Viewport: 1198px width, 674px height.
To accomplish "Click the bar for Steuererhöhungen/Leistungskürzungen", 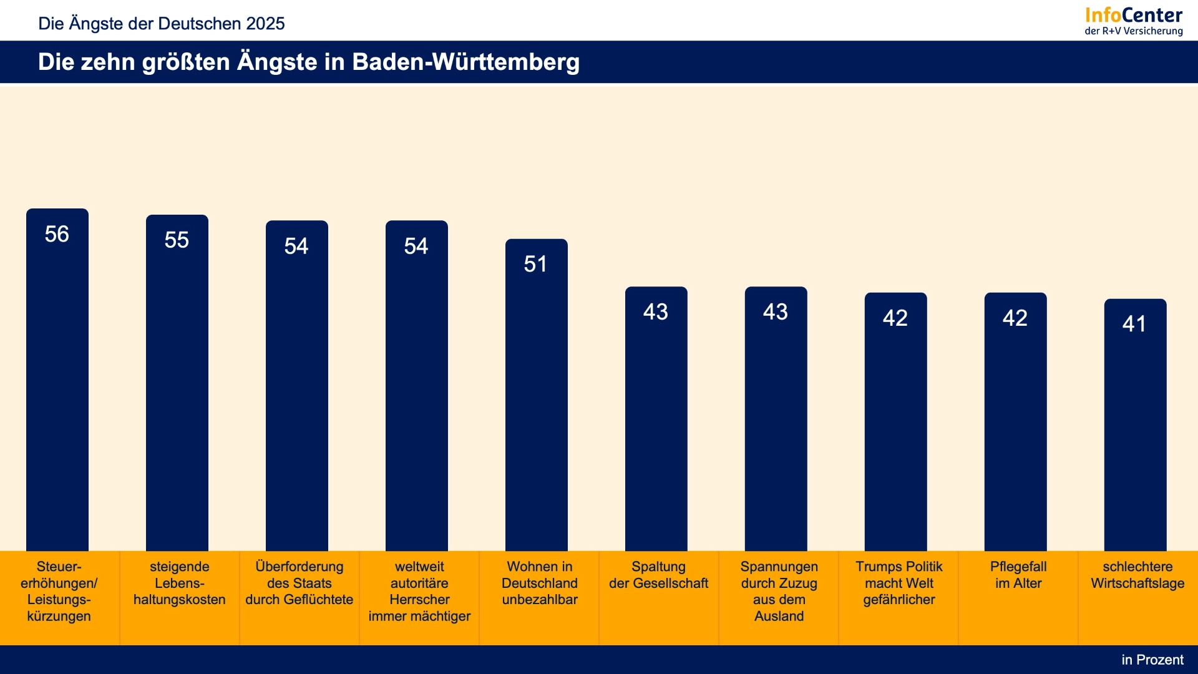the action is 57,379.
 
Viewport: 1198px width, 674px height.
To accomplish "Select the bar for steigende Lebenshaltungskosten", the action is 177,383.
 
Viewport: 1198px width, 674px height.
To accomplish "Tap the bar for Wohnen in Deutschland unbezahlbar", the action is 537,394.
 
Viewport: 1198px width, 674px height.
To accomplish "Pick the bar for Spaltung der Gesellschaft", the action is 656,419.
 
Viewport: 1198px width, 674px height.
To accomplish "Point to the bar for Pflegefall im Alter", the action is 1016,422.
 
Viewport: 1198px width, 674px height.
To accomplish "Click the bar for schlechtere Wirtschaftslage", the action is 1136,425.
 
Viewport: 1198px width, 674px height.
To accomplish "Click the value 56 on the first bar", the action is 57,234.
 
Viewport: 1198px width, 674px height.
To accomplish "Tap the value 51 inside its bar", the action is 535,264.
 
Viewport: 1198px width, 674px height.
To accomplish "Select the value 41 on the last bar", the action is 1134,324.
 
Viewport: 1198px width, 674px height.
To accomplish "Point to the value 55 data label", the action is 177,240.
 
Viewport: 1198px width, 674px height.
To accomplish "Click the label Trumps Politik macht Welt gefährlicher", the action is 899,583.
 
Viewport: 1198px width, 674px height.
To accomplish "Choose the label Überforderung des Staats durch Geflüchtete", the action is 299,583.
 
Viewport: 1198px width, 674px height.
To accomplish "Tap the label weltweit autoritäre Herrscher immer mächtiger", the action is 419,591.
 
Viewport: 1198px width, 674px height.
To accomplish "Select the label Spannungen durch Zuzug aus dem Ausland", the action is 779,591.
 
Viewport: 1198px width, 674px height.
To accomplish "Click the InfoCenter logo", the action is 1134,21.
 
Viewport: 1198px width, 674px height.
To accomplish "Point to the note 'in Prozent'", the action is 1152,660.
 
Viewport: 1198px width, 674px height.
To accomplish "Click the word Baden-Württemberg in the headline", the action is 466,62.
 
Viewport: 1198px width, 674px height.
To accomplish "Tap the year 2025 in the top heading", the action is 265,24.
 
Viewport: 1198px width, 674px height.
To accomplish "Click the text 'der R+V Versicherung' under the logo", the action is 1134,31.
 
